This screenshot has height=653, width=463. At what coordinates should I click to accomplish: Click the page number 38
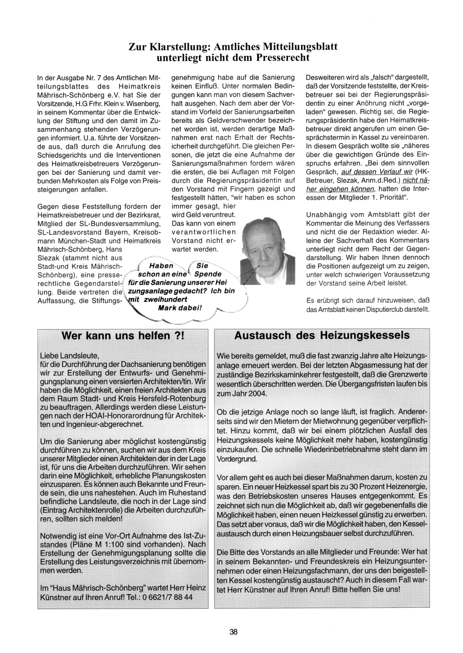point(233,632)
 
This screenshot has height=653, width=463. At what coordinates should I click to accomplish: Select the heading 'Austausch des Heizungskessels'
point(322,335)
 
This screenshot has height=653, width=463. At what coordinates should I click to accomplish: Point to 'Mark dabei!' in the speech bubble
point(180,308)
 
